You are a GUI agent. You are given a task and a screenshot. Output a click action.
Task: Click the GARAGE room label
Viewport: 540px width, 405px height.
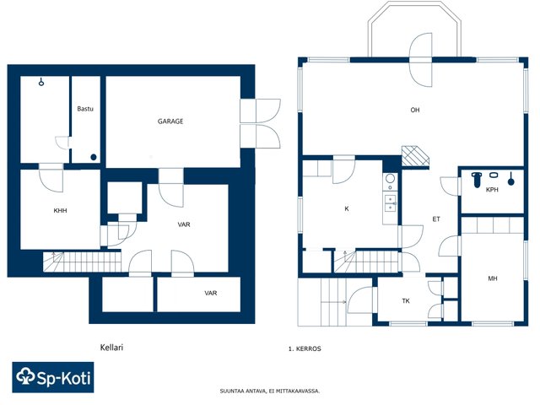[x=170, y=121]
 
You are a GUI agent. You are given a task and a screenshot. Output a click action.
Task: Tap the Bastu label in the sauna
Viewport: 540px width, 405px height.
[x=85, y=109]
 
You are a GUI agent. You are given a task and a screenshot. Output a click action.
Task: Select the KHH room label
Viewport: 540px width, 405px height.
[x=60, y=210]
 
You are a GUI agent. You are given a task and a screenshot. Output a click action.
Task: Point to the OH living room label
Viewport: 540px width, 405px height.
[x=415, y=110]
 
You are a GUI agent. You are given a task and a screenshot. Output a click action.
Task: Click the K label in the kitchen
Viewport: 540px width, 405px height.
[x=347, y=208]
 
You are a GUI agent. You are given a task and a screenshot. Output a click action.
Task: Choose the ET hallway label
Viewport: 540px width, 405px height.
[x=436, y=219]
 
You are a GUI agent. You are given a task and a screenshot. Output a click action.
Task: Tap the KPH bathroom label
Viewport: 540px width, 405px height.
[x=492, y=189]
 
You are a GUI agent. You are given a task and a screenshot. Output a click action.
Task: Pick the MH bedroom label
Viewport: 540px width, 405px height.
[x=493, y=278]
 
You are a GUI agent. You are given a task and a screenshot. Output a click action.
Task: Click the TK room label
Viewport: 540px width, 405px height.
[x=406, y=301]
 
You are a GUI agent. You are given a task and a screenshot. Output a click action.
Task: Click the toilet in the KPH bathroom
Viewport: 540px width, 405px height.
[x=476, y=180]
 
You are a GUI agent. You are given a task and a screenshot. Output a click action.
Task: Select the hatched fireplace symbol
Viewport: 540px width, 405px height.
[x=415, y=157]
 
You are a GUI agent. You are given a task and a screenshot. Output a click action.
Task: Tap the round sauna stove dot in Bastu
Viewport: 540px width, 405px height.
[x=94, y=158]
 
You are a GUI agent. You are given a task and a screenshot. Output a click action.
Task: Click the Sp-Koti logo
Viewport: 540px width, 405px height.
[x=53, y=377]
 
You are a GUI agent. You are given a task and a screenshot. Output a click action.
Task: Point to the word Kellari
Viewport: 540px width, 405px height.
[x=111, y=347]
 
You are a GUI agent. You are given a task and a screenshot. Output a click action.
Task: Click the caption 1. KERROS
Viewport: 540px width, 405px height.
[x=305, y=348]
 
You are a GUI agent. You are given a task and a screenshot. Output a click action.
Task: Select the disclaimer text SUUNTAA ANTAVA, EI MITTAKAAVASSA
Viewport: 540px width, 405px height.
[x=270, y=391]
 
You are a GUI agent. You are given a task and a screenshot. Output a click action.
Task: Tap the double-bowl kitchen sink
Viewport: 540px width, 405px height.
[x=390, y=202]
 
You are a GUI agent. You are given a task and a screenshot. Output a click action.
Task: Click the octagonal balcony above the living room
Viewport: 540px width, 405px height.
[x=414, y=29]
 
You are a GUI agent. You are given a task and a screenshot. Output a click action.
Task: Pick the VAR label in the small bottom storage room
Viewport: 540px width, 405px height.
[x=211, y=293]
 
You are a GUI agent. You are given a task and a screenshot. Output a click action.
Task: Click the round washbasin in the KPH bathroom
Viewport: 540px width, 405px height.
[x=494, y=175]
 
